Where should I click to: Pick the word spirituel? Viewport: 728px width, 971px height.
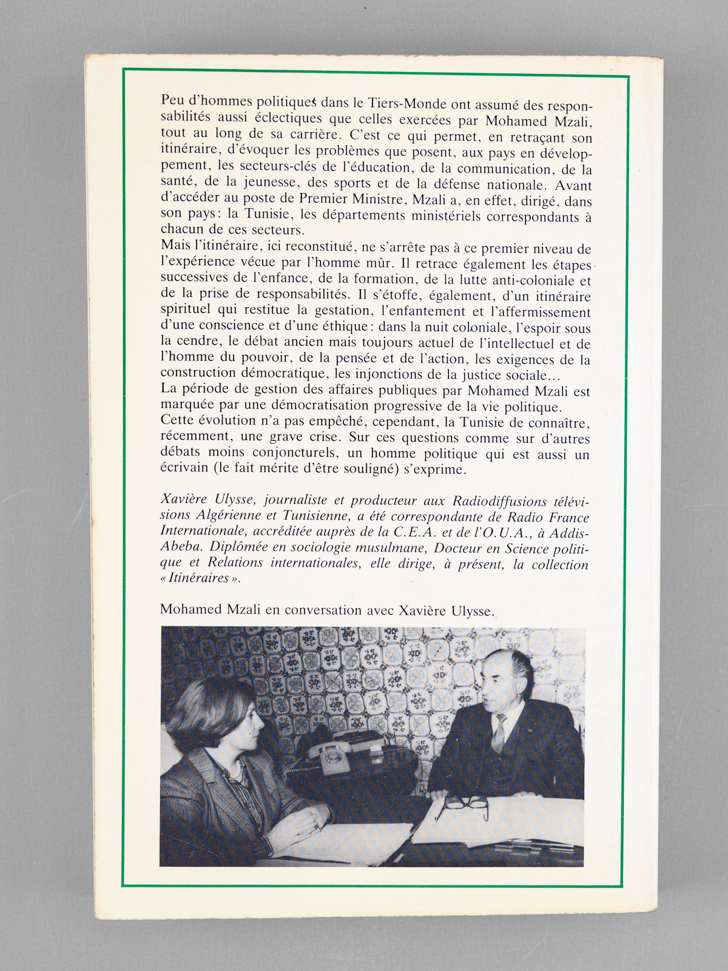184,312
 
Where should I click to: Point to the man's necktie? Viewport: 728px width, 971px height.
499,732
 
